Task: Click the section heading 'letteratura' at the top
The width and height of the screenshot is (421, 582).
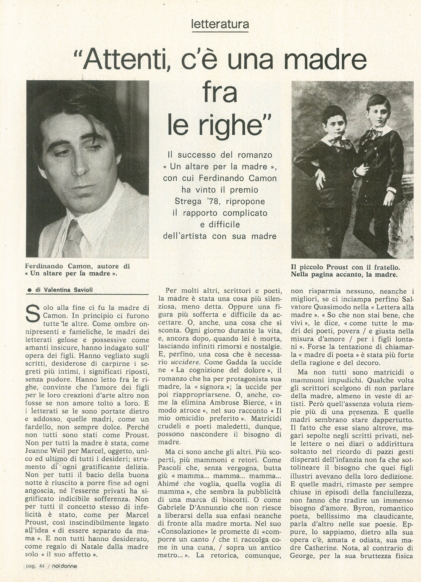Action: tap(220, 24)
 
